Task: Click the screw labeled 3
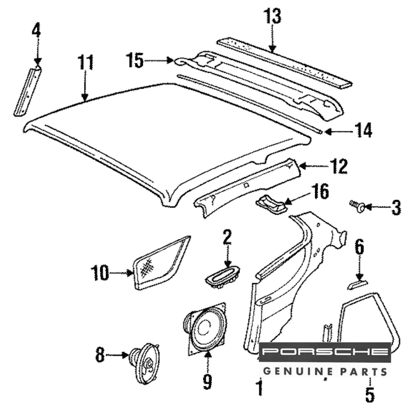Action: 357,205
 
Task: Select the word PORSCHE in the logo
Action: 325,352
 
